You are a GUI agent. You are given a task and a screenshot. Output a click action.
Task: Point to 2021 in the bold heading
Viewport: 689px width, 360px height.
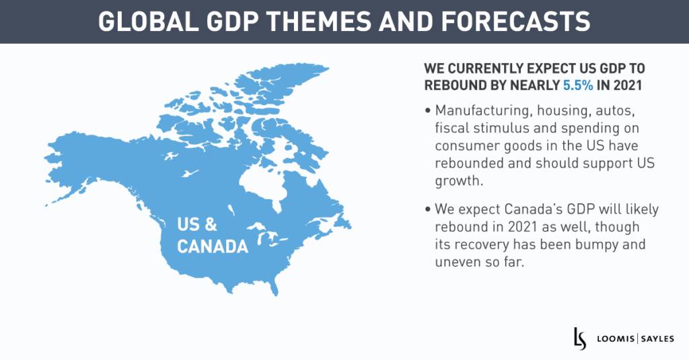coord(641,85)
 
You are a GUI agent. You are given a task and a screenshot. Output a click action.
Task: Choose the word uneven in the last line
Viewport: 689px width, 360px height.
coord(458,262)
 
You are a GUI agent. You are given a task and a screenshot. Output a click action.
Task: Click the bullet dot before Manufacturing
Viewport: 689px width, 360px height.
coord(428,110)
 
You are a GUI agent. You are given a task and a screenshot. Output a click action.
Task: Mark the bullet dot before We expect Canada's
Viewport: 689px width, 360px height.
coord(428,211)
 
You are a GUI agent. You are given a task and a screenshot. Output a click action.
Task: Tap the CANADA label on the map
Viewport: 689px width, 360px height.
coord(212,247)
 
